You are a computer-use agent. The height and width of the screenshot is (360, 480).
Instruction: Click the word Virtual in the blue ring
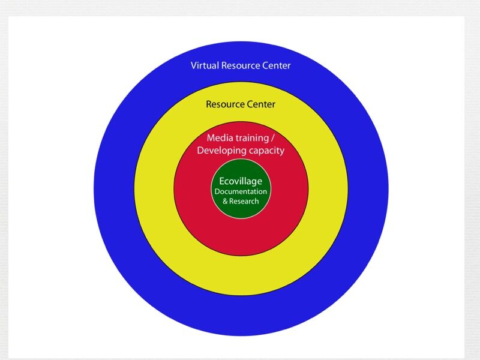(x=205, y=65)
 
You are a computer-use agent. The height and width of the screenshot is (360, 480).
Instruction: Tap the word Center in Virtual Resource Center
(x=277, y=65)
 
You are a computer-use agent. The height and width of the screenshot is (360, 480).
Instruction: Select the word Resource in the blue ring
(x=241, y=65)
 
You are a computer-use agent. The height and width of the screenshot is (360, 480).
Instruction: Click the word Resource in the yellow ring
(x=225, y=104)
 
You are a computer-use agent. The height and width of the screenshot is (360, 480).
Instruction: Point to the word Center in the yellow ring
(x=261, y=104)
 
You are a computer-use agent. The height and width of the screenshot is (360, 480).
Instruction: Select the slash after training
(x=272, y=138)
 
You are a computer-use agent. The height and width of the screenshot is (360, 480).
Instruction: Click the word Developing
(x=221, y=151)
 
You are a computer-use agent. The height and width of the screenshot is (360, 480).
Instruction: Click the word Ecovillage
(x=241, y=181)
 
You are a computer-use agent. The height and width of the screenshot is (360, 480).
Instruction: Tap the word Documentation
(x=241, y=191)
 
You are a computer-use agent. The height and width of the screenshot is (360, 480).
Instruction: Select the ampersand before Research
(x=225, y=202)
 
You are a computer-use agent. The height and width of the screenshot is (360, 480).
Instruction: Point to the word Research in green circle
(x=244, y=202)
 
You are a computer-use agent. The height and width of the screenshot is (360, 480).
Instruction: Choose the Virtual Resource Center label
(x=241, y=65)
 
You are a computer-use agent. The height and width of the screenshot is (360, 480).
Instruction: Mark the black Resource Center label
(x=241, y=104)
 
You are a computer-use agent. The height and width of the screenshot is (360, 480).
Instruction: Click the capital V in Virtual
(x=194, y=65)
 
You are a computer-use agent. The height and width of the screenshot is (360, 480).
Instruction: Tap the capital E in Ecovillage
(x=222, y=181)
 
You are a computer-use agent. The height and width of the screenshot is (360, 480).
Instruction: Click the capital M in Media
(x=211, y=138)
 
